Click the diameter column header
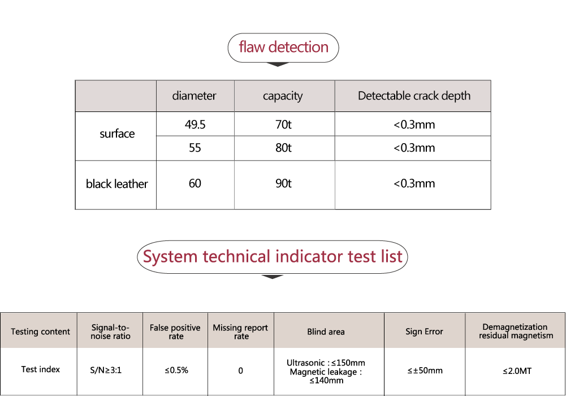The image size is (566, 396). pos(195,96)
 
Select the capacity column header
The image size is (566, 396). pos(283,96)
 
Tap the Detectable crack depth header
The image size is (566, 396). pos(414,96)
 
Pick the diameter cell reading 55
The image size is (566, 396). pos(195,148)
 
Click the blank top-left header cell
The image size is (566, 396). pos(116,96)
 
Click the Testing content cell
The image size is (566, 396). pos(40,332)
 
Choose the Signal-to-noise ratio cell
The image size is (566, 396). pos(110,332)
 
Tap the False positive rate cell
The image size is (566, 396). pos(175,332)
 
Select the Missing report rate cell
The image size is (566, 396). pos(241,332)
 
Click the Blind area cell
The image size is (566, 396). pos(326,332)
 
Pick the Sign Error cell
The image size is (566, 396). pos(424,332)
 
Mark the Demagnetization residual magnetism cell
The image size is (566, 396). pos(515,331)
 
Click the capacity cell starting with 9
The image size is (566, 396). pos(283,184)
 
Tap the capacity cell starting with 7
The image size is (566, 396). pos(283,125)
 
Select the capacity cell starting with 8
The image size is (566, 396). pos(283,148)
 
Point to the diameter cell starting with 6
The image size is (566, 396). pos(195,184)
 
